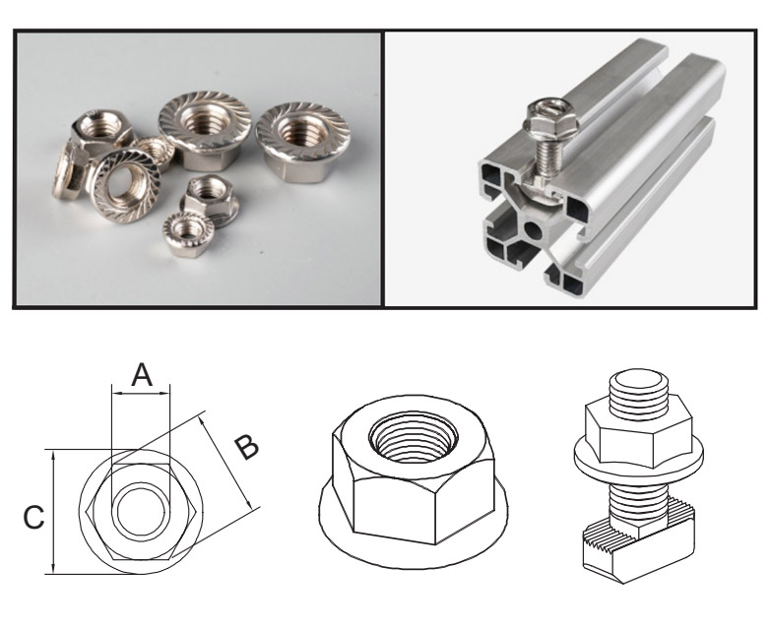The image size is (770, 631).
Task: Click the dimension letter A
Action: pyautogui.click(x=142, y=375)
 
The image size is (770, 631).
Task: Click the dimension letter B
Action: pyautogui.click(x=245, y=447)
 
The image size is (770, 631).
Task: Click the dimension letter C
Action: pyautogui.click(x=33, y=518)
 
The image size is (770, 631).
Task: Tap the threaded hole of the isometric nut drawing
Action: pyautogui.click(x=414, y=437)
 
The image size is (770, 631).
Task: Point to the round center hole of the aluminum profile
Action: pyautogui.click(x=533, y=229)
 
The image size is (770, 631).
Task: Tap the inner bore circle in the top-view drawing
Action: pyautogui.click(x=141, y=512)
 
